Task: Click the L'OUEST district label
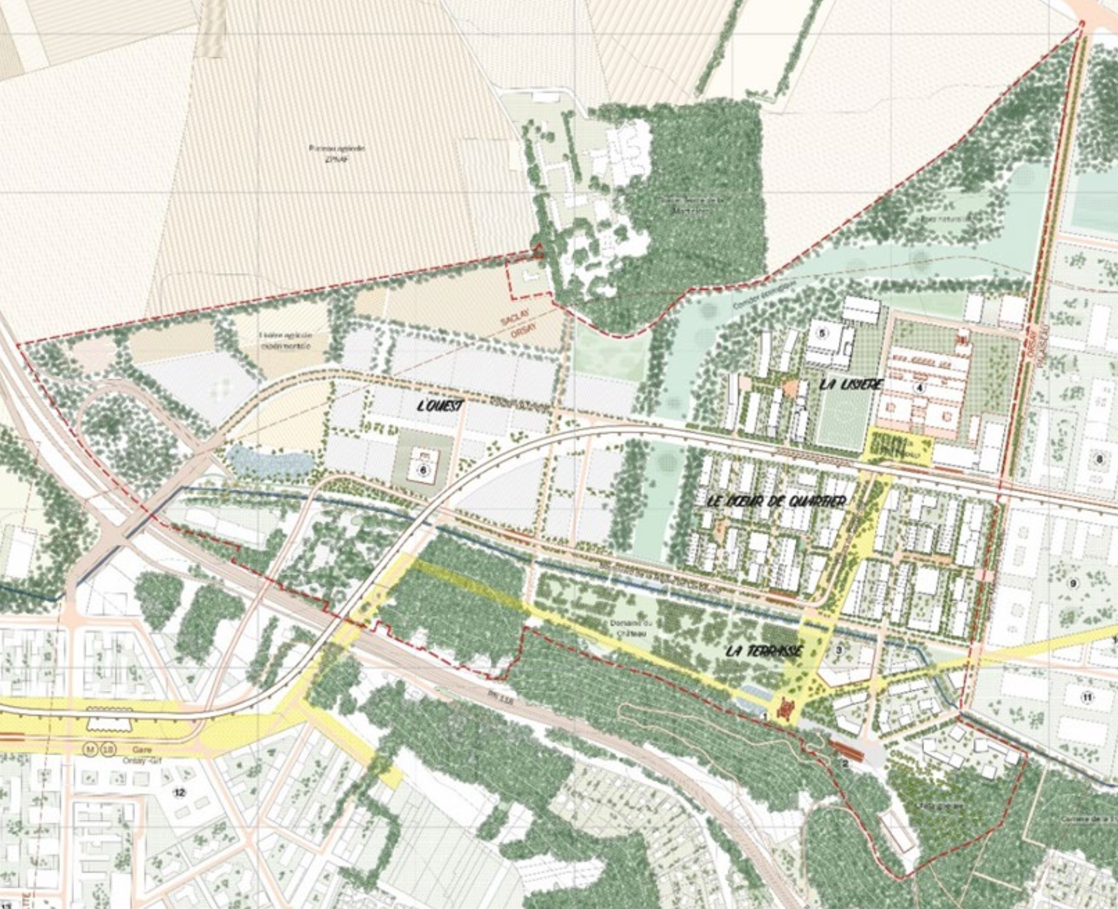pos(439,405)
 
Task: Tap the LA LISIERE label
pos(851,384)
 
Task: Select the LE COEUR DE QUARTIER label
pos(777,501)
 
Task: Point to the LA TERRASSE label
pos(764,651)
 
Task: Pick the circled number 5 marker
pos(822,333)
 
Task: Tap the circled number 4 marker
pos(920,387)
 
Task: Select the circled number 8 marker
pos(1099,459)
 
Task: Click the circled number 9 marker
pos(1073,583)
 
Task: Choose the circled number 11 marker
pos(1087,697)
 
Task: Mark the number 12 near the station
pos(179,792)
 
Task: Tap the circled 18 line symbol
pos(108,748)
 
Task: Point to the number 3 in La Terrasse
pos(839,650)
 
